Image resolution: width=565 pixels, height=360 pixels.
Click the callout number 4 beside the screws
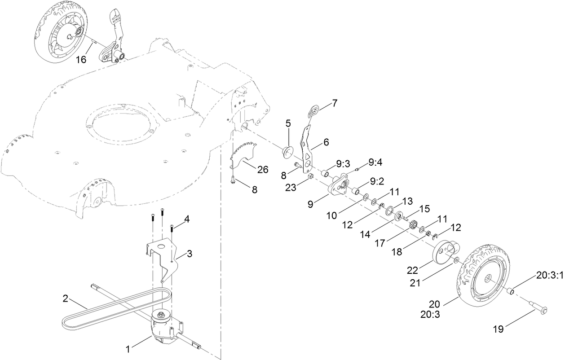click(186, 220)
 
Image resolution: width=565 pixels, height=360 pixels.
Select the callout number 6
click(326, 142)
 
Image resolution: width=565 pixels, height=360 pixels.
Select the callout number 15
click(425, 209)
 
